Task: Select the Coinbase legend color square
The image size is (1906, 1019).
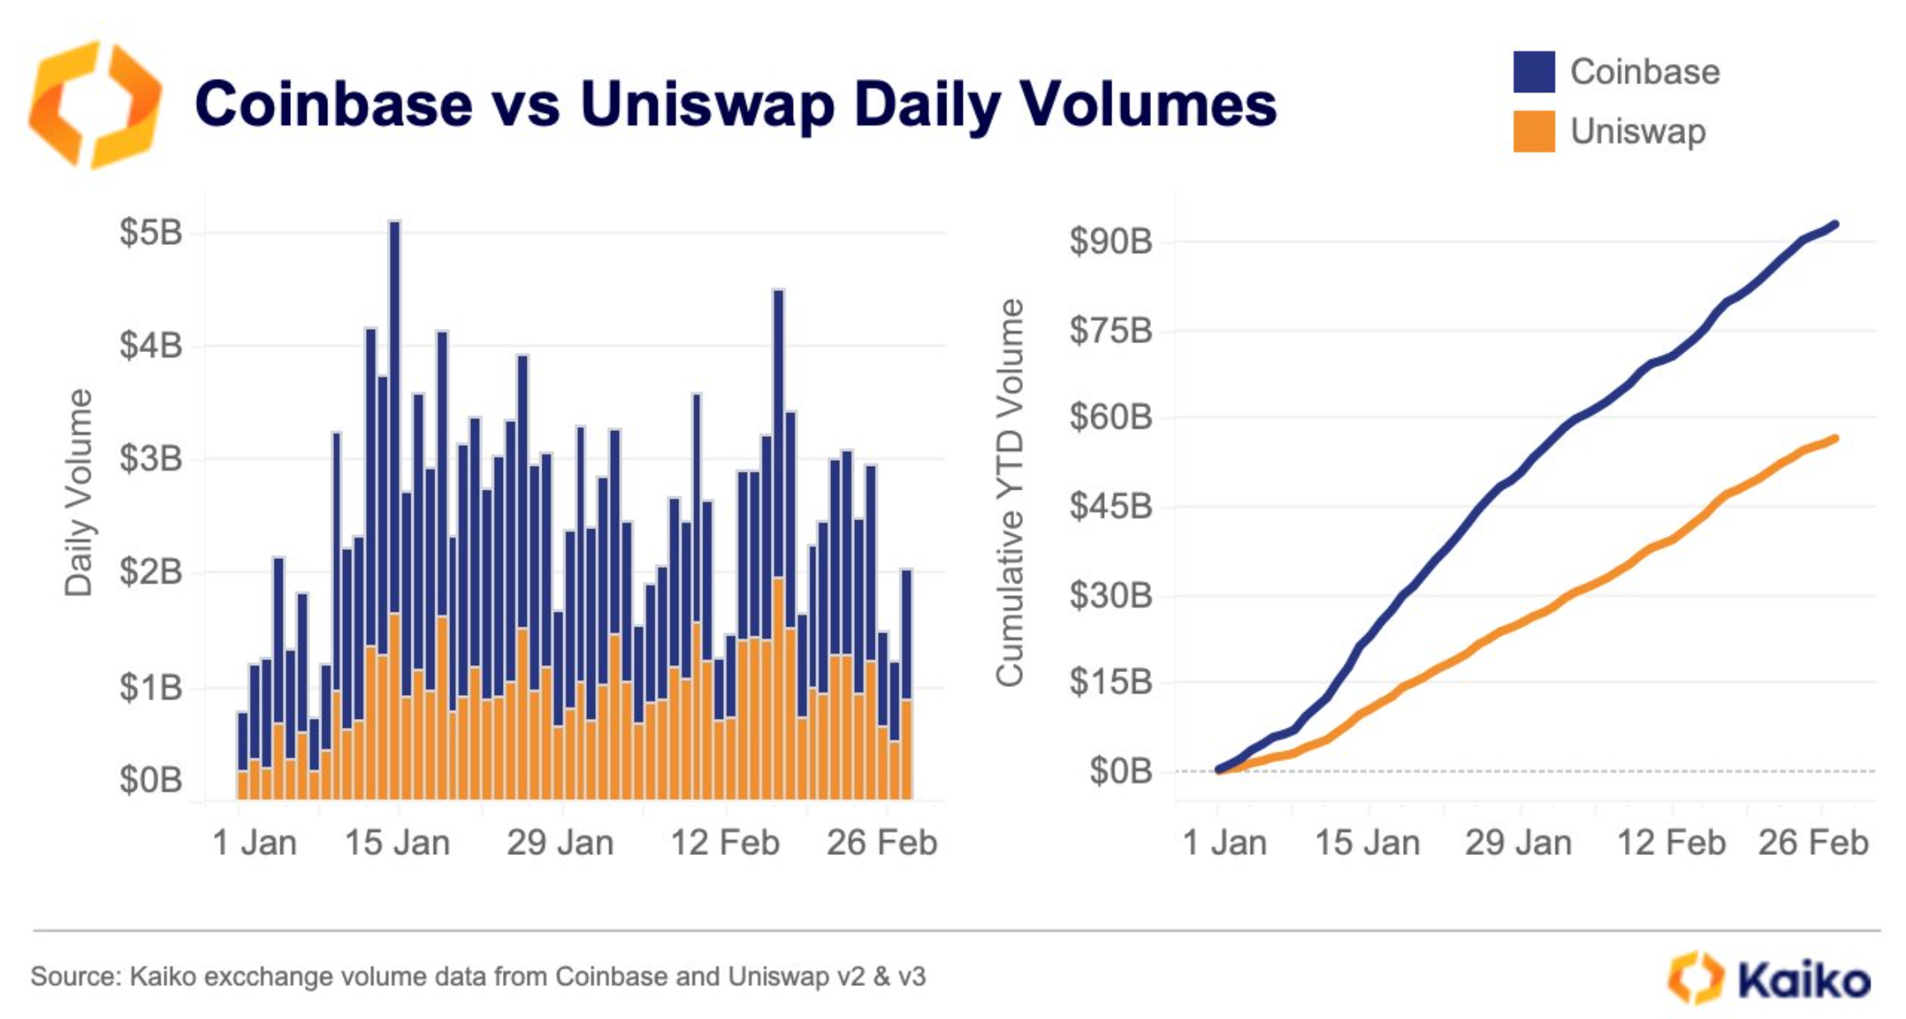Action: [1533, 72]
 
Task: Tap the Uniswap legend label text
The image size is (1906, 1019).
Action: [1637, 132]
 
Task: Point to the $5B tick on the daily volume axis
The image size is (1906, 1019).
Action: [150, 232]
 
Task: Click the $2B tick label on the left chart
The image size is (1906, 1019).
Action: [150, 571]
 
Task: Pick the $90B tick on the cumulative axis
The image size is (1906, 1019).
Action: [1110, 242]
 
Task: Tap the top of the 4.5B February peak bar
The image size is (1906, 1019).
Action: [778, 293]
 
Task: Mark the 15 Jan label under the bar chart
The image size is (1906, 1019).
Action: [397, 843]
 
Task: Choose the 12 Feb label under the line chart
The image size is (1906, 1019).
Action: [1671, 843]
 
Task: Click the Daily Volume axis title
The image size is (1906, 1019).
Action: [79, 492]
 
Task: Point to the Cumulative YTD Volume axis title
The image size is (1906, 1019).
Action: [1009, 492]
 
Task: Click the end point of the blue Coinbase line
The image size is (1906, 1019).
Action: [1834, 224]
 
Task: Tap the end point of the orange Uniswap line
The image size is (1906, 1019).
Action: [1834, 439]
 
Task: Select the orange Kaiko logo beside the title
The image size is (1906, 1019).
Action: [95, 105]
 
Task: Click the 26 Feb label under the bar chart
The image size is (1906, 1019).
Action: [881, 843]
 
